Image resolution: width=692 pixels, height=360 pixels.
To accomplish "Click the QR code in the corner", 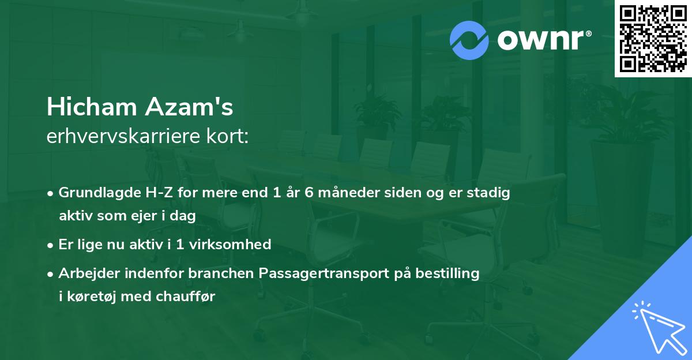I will [653, 38].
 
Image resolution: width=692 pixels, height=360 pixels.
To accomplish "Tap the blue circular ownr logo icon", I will [469, 40].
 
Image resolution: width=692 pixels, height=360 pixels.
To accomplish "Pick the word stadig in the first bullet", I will [490, 193].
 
